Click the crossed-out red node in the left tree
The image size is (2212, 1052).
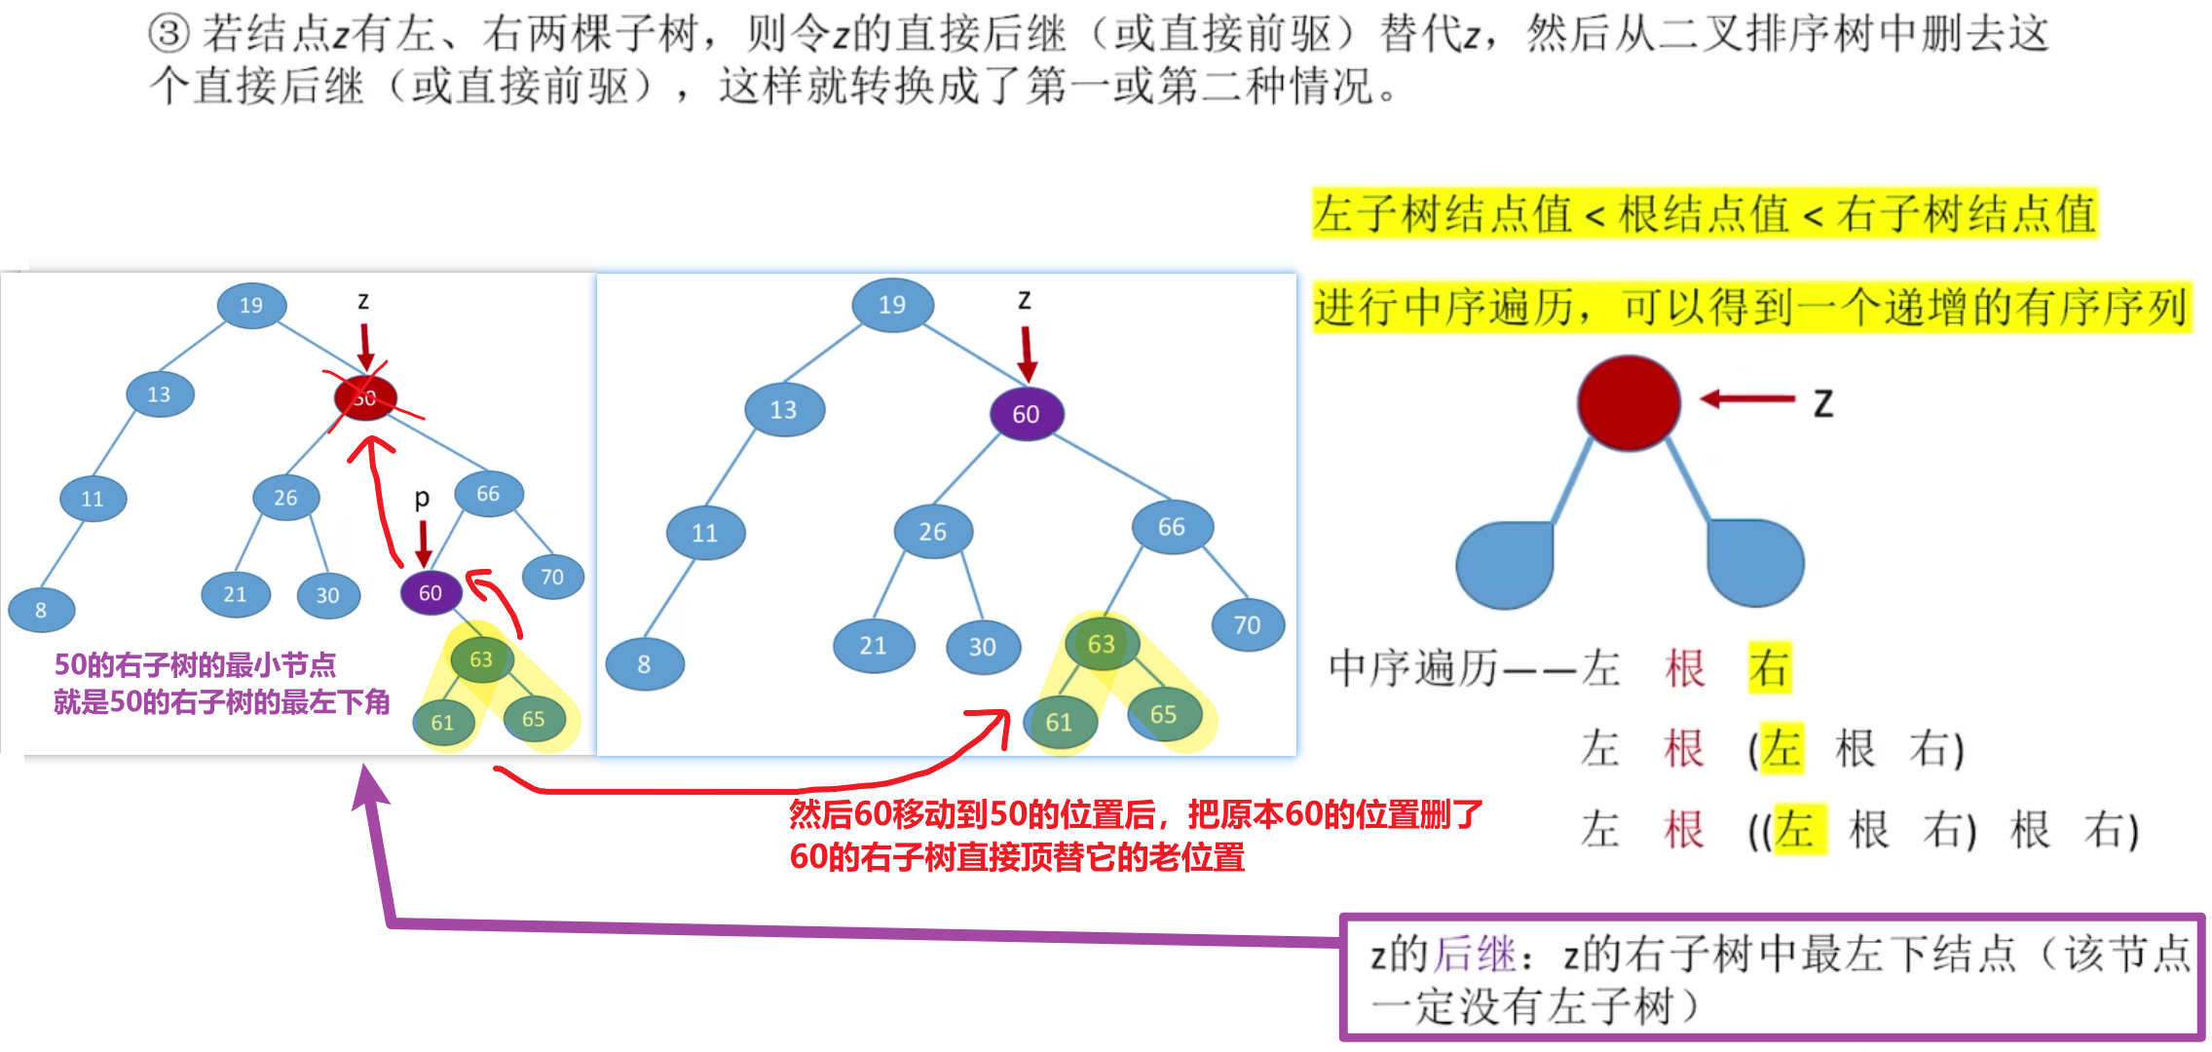365,397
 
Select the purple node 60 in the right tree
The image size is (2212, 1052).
1026,414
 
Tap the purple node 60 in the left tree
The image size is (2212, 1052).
431,593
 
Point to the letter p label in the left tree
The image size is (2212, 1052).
422,499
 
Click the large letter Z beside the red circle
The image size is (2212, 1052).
1823,403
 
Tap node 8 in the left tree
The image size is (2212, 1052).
41,611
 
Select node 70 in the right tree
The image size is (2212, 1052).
1248,625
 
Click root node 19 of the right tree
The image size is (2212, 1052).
892,305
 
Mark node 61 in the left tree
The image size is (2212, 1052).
443,723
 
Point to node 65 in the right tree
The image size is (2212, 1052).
1164,715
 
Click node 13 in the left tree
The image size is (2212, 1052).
160,394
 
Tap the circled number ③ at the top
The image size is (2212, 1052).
169,33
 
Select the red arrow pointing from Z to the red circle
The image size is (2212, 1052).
1747,398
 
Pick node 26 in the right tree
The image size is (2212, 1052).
933,532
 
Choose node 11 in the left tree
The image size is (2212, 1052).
93,500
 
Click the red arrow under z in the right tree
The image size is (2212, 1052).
1027,354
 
